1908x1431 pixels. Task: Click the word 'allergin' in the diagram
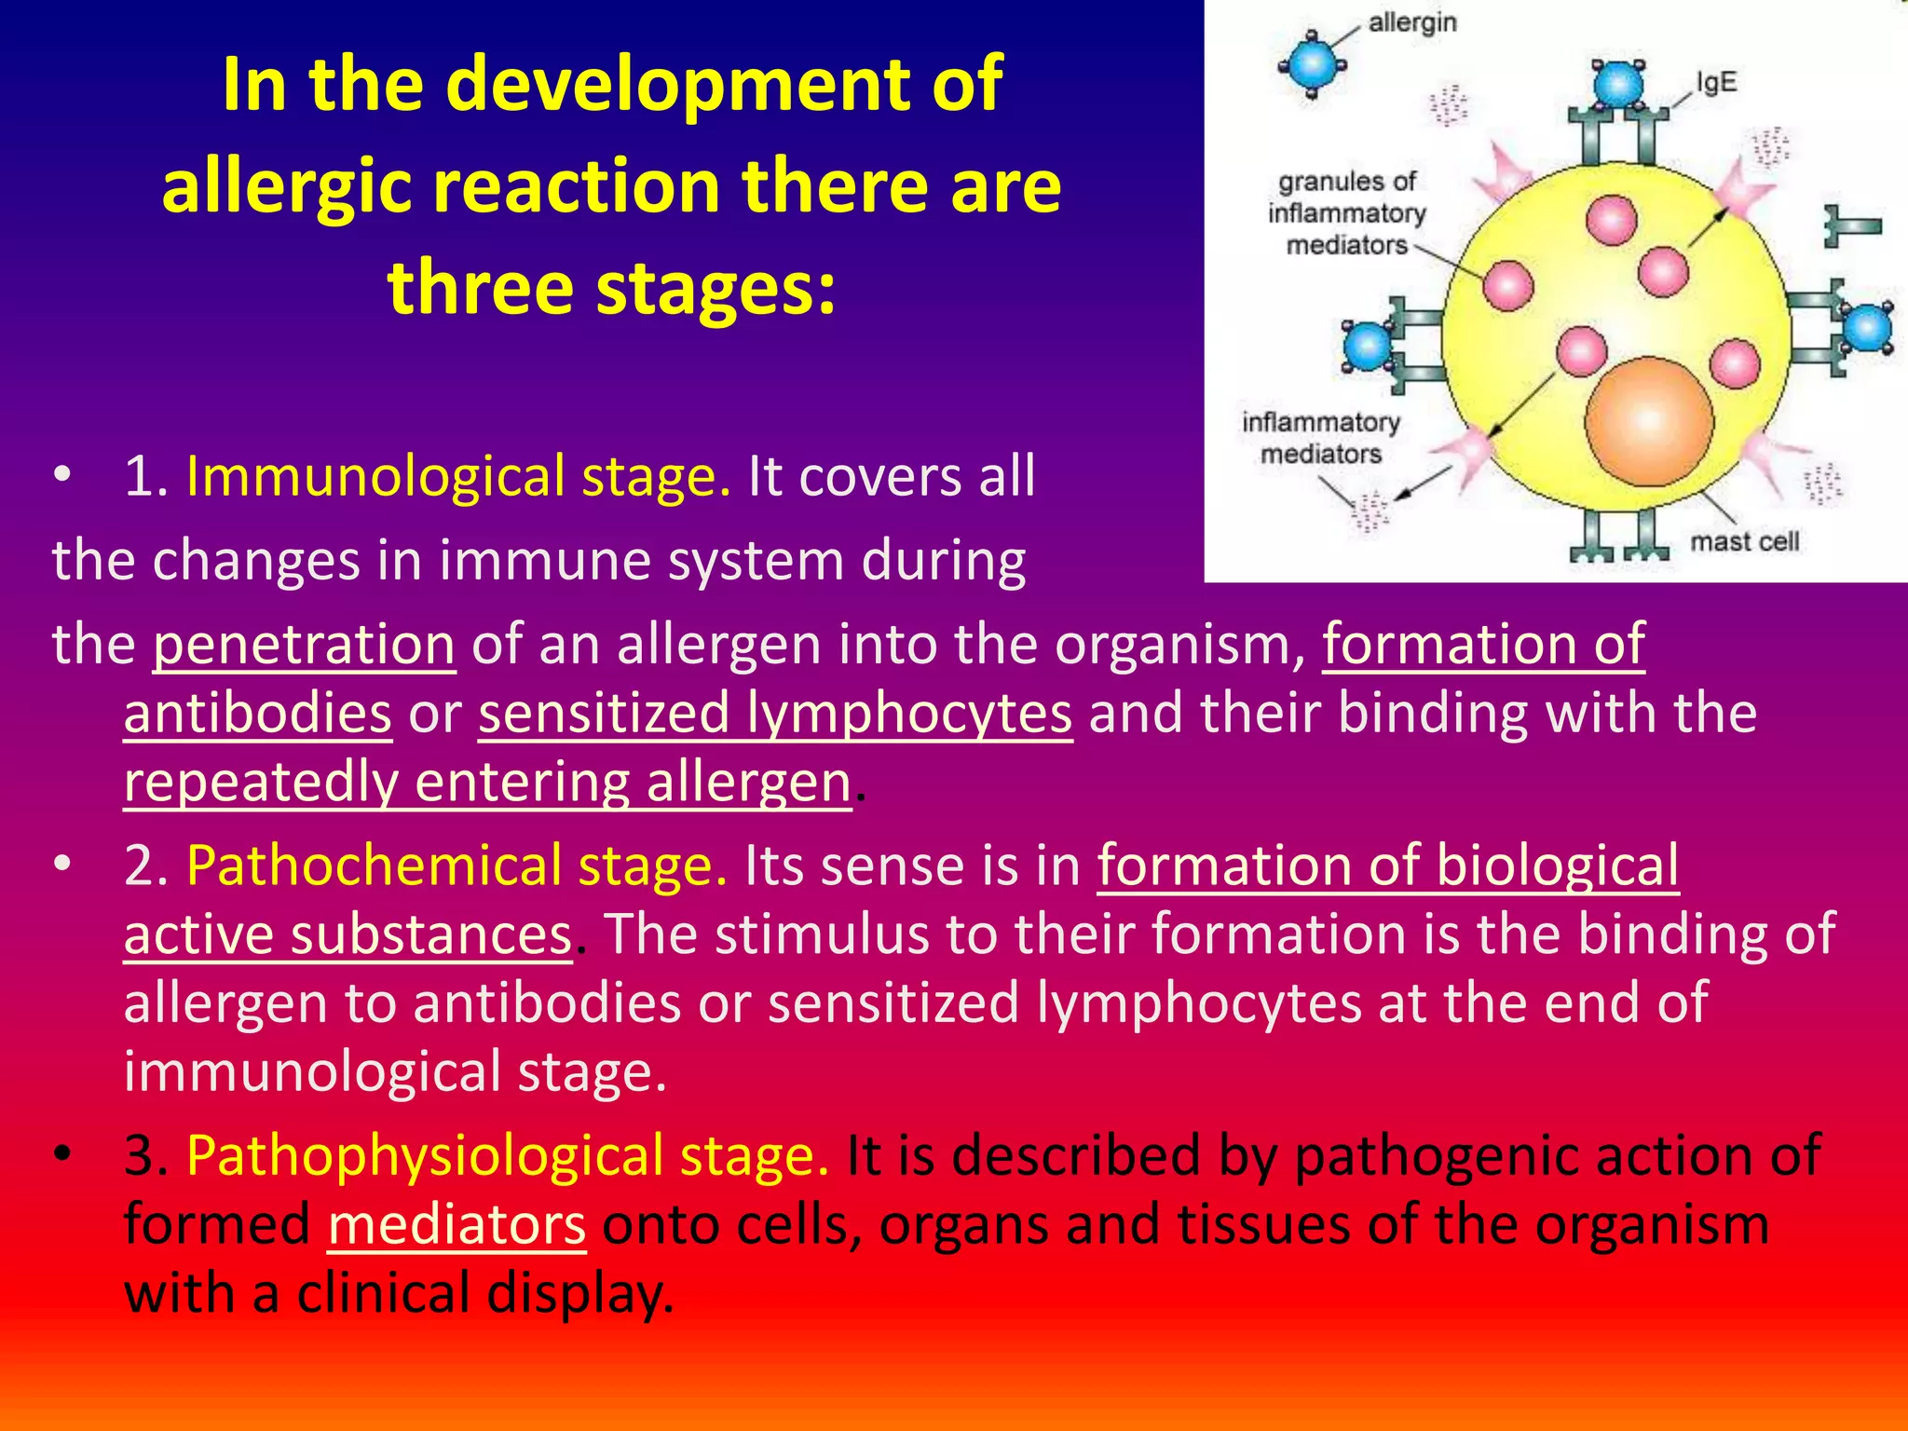click(1411, 22)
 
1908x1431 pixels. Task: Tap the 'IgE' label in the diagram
click(1716, 82)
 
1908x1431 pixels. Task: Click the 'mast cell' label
click(1744, 541)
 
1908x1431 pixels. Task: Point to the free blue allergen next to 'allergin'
click(1312, 64)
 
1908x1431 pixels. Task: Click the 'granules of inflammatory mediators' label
click(1345, 213)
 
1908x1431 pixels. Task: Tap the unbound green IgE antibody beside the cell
click(1850, 225)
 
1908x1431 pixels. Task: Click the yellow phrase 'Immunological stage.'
click(457, 476)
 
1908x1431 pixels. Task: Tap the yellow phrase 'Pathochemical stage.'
click(457, 865)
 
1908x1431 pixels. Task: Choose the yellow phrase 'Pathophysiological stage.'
click(507, 1155)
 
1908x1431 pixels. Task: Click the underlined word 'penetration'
click(304, 644)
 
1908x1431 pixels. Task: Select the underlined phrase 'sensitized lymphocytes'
click(774, 713)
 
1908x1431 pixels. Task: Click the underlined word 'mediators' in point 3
click(457, 1224)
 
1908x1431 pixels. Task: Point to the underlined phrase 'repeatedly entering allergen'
click(487, 782)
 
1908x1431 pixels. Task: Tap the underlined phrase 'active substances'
click(348, 934)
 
